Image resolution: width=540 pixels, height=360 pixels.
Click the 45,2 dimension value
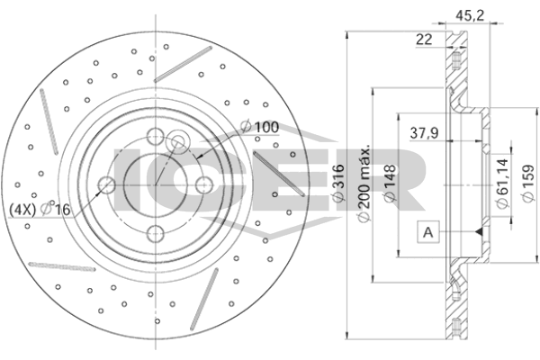470,15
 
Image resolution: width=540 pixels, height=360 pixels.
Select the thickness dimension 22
424,40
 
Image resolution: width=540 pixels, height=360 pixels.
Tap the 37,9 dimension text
424,133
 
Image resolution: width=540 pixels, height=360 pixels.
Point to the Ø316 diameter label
339,183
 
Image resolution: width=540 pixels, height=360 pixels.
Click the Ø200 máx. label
364,184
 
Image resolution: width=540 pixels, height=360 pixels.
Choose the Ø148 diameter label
391,183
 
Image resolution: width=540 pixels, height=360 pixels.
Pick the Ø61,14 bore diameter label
502,184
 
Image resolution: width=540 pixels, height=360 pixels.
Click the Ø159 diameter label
528,184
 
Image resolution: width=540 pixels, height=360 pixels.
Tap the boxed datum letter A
428,232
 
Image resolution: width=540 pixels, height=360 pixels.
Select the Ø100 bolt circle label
260,127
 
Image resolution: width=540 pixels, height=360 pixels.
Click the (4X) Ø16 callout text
40,209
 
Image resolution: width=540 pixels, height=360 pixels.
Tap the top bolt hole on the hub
156,136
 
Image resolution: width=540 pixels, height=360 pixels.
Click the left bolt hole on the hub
107,185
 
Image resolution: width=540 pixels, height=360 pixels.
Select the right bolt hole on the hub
204,185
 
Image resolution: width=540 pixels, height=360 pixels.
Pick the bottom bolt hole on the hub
156,234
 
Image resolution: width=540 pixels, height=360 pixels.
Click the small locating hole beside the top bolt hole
178,140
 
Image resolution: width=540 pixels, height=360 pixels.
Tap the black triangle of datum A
479,232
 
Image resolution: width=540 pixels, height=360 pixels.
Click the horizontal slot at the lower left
62,266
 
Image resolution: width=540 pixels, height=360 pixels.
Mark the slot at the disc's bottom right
204,298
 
